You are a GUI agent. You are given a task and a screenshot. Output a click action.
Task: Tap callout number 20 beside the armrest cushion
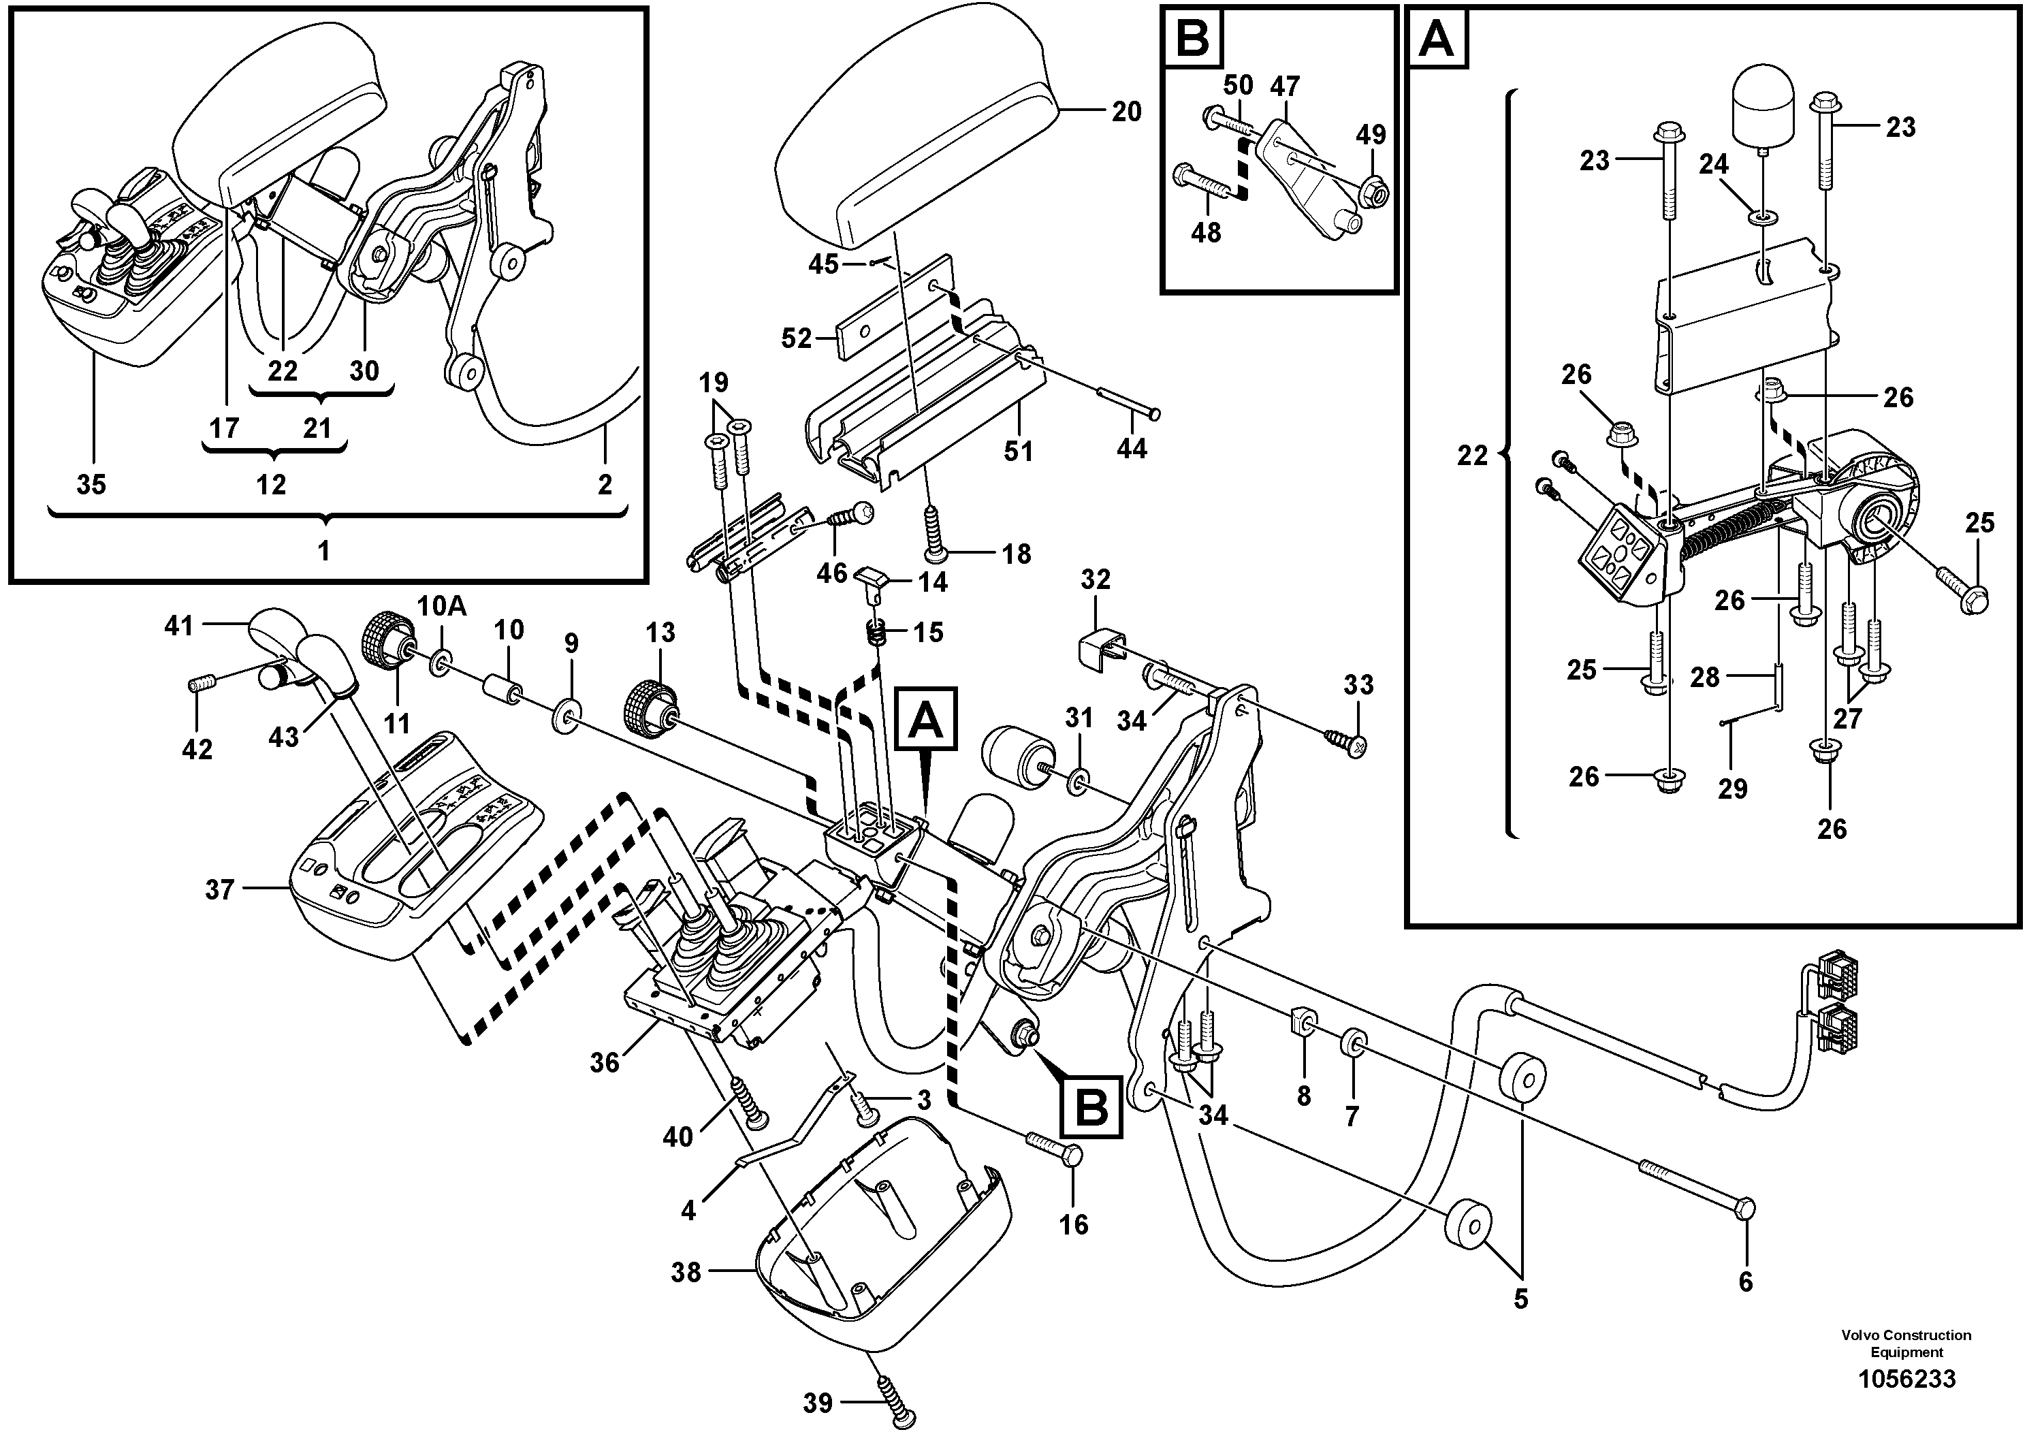pyautogui.click(x=1126, y=112)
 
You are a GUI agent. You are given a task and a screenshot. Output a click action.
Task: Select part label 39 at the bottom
pyautogui.click(x=818, y=1402)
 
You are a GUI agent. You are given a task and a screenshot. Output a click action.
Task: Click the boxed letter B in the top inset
pyautogui.click(x=1193, y=39)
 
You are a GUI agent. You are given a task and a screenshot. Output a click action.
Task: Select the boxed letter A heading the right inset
pyautogui.click(x=1437, y=39)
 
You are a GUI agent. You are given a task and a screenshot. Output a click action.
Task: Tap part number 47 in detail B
pyautogui.click(x=1285, y=86)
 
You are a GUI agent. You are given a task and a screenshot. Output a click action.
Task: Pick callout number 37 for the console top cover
pyautogui.click(x=219, y=890)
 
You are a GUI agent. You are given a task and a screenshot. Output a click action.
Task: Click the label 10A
pyautogui.click(x=441, y=607)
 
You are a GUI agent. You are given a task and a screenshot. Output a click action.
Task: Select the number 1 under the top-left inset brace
pyautogui.click(x=323, y=551)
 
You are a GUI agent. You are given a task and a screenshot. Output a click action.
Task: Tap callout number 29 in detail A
pyautogui.click(x=1732, y=789)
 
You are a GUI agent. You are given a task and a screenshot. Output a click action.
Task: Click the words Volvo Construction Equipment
pyautogui.click(x=1906, y=1343)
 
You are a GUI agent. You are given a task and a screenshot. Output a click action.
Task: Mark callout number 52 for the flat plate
pyautogui.click(x=797, y=338)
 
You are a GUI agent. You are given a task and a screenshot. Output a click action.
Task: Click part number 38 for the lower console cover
pyautogui.click(x=686, y=1272)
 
